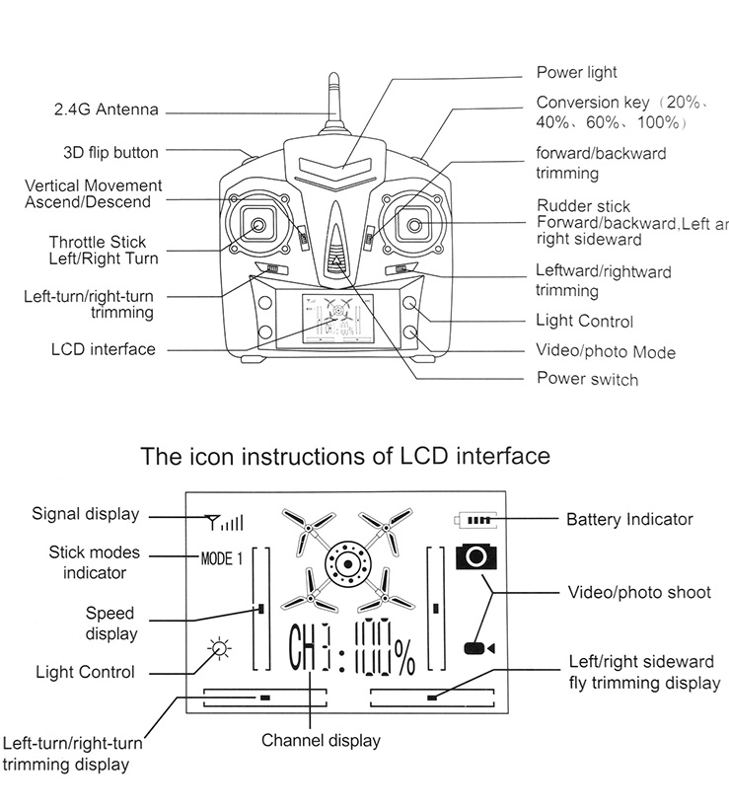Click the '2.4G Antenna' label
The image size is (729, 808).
(106, 110)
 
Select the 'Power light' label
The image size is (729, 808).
(576, 72)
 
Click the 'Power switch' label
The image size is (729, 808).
(587, 380)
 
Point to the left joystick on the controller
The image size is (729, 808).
(258, 226)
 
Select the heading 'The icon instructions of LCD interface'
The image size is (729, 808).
(345, 457)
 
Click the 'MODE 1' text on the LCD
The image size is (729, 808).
(221, 559)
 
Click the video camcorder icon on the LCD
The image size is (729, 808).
(478, 647)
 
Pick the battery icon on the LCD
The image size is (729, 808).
(476, 519)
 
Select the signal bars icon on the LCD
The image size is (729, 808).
(224, 522)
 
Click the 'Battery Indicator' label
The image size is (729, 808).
(629, 519)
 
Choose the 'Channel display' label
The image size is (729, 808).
(321, 740)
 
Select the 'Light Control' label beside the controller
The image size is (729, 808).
(584, 321)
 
